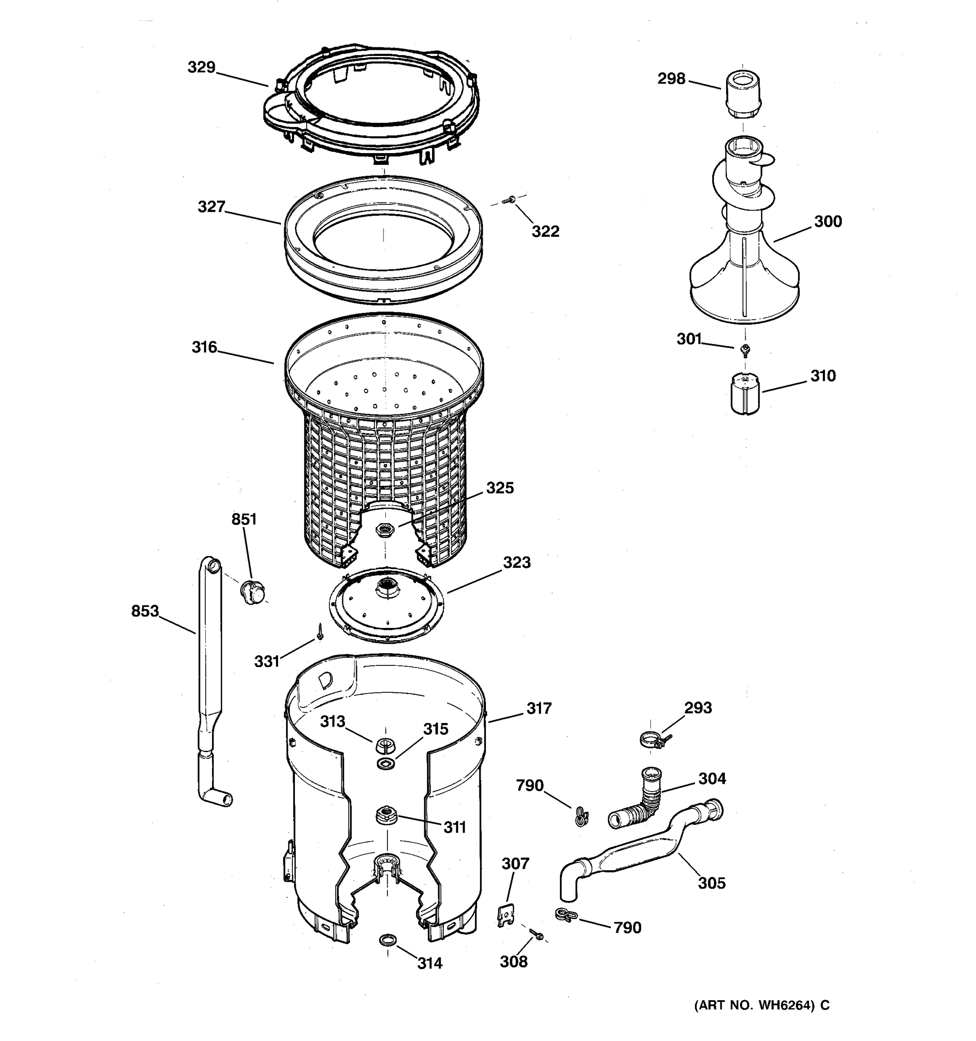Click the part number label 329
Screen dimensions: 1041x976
tap(202, 68)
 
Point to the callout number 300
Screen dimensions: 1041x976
tap(828, 222)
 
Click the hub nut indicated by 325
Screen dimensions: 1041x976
tap(385, 530)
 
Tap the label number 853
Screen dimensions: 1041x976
tap(145, 611)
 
